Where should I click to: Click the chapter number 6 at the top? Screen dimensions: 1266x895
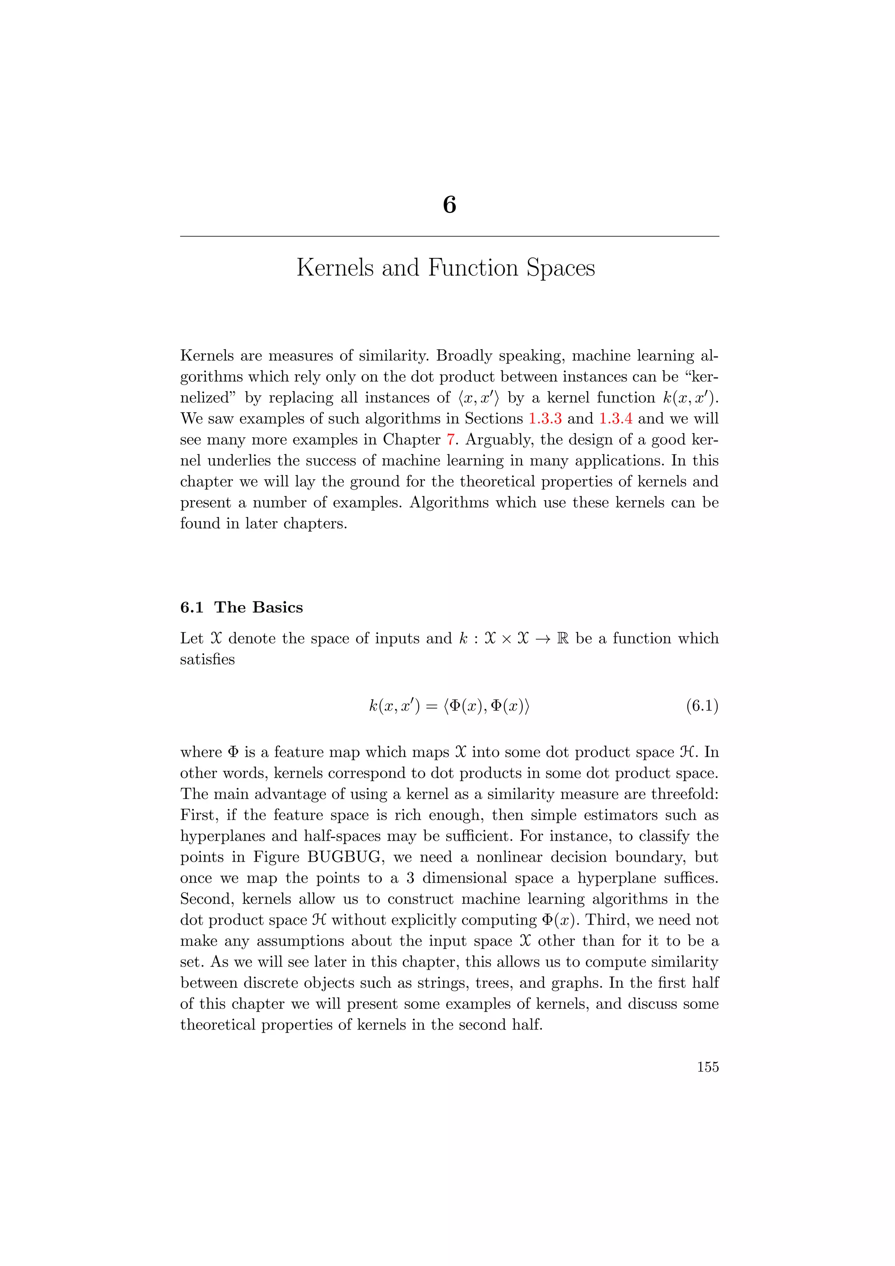(x=449, y=205)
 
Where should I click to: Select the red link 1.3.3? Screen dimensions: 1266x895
(x=545, y=418)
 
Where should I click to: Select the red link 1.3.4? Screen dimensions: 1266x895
(x=616, y=418)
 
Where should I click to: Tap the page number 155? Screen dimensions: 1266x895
(x=708, y=1067)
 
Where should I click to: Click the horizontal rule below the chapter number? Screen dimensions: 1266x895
(x=449, y=237)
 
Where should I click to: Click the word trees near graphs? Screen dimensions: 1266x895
(x=494, y=983)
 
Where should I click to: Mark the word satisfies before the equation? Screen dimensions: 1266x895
(x=207, y=660)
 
